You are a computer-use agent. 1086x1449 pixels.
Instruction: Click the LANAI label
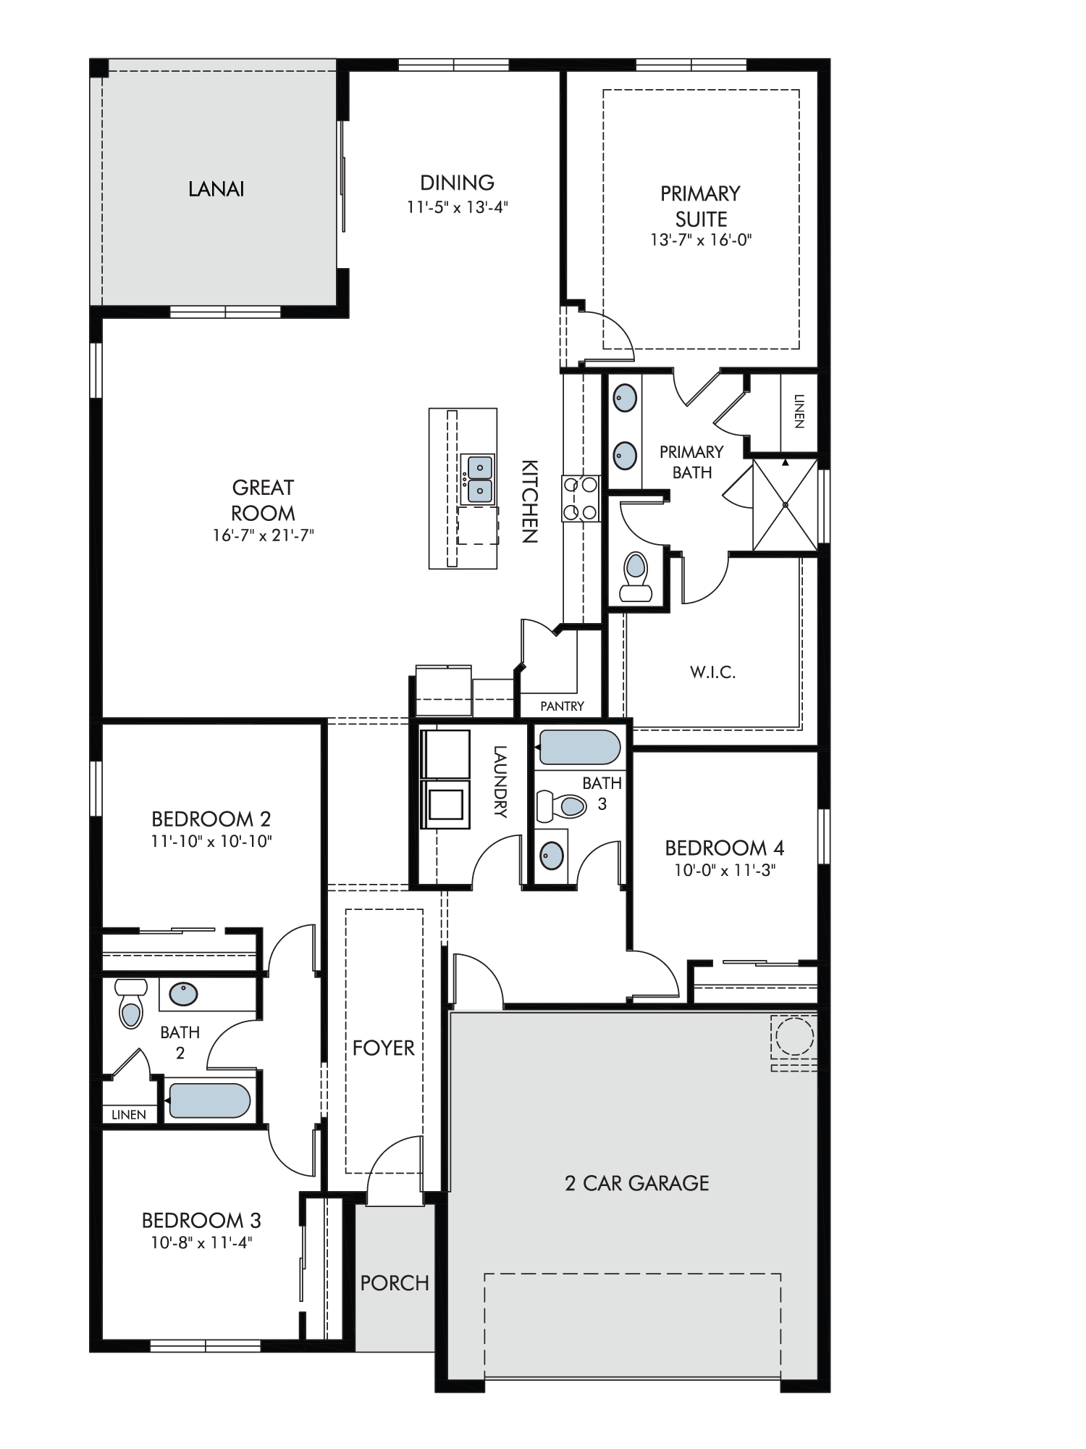tap(216, 189)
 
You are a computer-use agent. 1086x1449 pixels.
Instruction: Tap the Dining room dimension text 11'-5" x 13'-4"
tap(458, 207)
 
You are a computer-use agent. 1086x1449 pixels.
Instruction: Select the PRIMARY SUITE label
tap(700, 206)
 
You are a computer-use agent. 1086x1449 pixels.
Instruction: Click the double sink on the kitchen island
tap(479, 480)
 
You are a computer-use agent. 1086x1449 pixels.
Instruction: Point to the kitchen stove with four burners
tap(581, 498)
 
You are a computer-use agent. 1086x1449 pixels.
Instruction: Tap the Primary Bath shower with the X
tap(785, 505)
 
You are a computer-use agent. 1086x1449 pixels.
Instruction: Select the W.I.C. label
tap(712, 672)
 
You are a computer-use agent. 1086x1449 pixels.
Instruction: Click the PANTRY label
tap(562, 706)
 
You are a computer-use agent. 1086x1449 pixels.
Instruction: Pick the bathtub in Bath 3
tap(579, 747)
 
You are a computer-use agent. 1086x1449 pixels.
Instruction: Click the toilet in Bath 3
tap(562, 806)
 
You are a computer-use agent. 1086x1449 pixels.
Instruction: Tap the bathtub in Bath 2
tap(209, 1101)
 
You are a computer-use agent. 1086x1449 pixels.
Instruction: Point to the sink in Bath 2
tap(184, 993)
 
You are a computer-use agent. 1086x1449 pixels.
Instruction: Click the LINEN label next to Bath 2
tap(129, 1115)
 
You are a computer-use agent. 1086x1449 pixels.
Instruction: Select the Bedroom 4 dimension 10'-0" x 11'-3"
tap(725, 870)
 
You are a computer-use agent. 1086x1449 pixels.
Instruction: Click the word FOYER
tap(384, 1048)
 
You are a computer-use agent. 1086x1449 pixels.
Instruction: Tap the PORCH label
tap(395, 1283)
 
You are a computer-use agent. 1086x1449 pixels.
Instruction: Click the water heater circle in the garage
tap(794, 1037)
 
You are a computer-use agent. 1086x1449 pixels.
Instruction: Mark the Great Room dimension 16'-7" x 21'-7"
tap(263, 536)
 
